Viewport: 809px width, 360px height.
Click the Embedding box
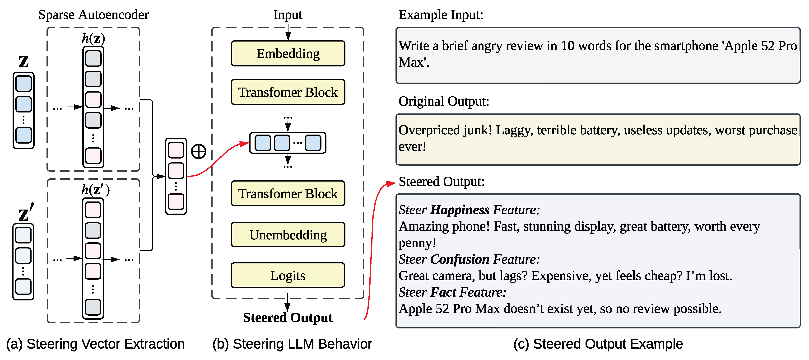pos(288,54)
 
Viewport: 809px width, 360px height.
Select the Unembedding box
pos(288,235)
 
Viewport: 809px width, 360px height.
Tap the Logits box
pos(288,275)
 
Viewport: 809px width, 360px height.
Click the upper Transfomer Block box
pos(288,92)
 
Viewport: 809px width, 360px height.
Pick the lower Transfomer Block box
pos(288,193)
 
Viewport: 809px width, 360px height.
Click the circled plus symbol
pos(199,151)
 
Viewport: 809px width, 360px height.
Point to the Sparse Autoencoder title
pos(93,15)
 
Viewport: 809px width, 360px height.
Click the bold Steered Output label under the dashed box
pos(288,318)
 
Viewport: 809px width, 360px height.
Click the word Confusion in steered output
pos(460,259)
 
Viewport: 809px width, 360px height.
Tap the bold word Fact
pos(443,292)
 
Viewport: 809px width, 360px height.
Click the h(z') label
pos(95,190)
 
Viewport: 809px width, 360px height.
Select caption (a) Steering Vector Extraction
pos(95,344)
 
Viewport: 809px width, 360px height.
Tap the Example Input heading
pos(441,15)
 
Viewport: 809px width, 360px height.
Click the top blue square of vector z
pos(23,84)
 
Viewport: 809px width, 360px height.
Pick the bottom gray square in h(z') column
pos(93,307)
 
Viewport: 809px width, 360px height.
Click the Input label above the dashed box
pos(288,15)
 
